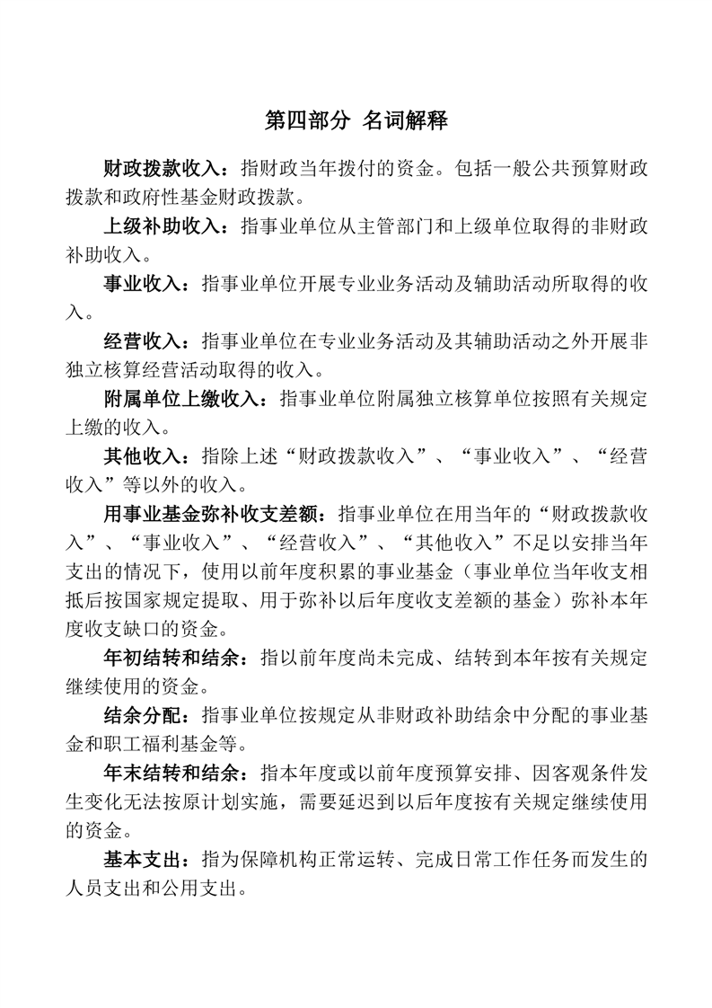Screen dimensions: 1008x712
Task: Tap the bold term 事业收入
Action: click(x=143, y=285)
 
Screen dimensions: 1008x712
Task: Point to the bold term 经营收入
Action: click(x=143, y=343)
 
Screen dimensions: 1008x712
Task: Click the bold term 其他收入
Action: click(x=143, y=458)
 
